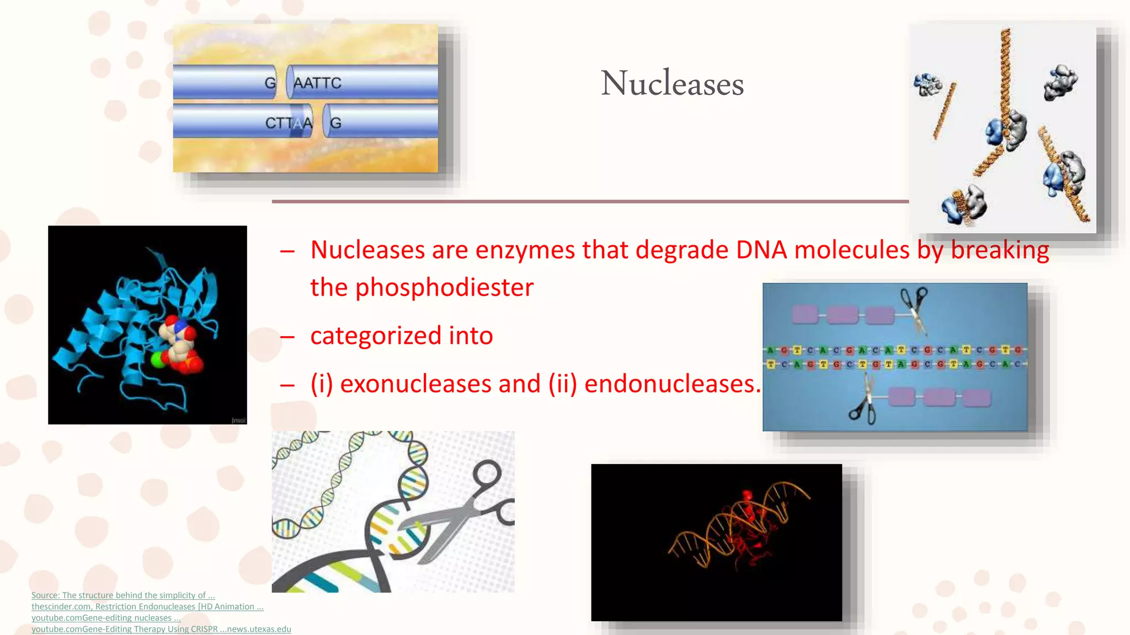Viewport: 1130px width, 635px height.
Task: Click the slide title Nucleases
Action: [672, 84]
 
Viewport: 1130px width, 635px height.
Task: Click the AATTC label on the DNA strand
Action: [317, 83]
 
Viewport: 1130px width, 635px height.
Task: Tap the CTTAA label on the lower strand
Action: [288, 123]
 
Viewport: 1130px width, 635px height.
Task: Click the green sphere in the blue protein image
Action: [158, 359]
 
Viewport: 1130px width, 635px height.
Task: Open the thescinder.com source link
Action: [61, 607]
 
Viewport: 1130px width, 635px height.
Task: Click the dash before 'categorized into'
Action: [287, 337]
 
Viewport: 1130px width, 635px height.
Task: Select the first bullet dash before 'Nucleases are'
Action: [287, 251]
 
